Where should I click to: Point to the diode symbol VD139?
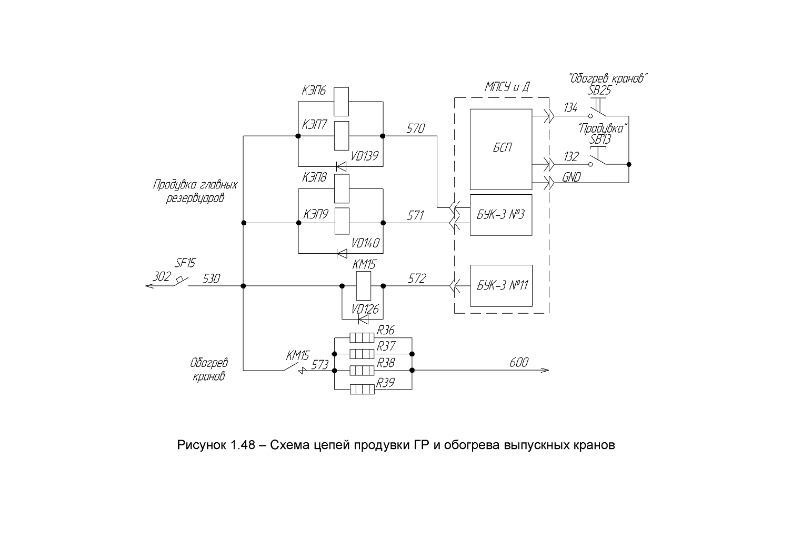pos(341,166)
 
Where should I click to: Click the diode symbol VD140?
pos(342,253)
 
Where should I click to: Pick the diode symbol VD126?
pos(363,320)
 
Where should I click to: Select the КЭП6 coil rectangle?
pos(341,102)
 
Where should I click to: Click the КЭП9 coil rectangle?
pos(342,221)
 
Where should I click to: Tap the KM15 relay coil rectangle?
pos(364,286)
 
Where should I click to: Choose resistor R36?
pos(362,338)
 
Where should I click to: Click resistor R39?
pos(362,390)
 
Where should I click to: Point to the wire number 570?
pos(415,128)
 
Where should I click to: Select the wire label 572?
pos(417,278)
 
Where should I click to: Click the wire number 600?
pos(519,363)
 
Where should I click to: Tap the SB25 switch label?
pos(599,91)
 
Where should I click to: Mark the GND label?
pos(572,177)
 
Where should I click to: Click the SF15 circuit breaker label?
pos(185,263)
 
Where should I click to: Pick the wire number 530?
pos(211,279)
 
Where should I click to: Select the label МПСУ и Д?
pos(507,87)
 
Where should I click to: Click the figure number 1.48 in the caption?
pos(243,445)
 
